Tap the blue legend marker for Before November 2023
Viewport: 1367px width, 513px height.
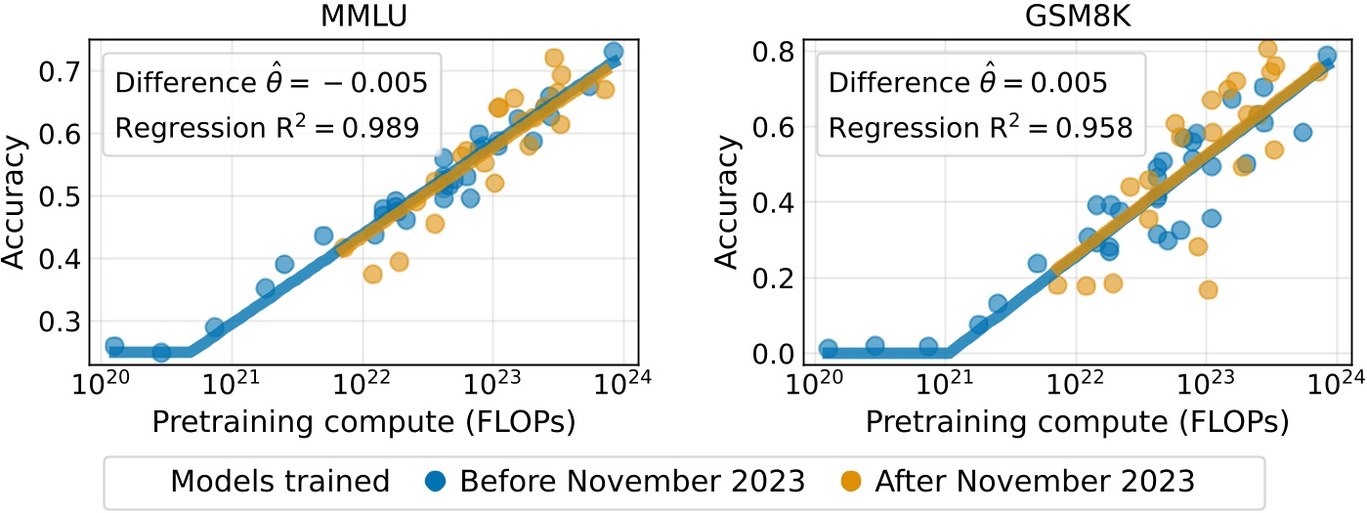437,482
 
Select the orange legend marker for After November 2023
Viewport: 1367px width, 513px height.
852,482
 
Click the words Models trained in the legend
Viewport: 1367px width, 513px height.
279,482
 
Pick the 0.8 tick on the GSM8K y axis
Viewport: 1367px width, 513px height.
773,52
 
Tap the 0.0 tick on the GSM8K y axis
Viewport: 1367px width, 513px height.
773,353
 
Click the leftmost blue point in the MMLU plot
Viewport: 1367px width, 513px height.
113,347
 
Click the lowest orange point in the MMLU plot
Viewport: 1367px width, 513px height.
372,275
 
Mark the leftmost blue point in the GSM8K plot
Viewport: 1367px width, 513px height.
829,349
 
